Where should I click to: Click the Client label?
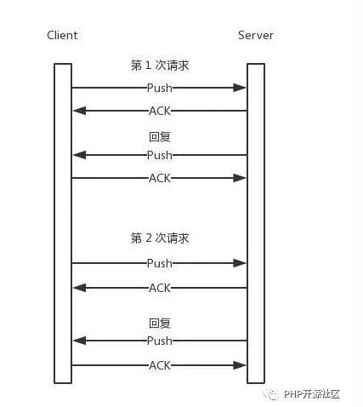(x=62, y=35)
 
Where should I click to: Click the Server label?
(x=256, y=35)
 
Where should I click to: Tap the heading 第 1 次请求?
(x=160, y=66)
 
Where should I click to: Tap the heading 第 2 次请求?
(x=160, y=238)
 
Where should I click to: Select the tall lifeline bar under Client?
(x=63, y=223)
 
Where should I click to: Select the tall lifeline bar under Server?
(x=256, y=223)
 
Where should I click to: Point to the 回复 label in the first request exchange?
(x=160, y=136)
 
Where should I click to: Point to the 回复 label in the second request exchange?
(x=160, y=323)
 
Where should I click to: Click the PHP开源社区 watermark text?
(x=312, y=394)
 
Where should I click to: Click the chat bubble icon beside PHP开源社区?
(x=270, y=394)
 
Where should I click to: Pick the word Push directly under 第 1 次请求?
(x=160, y=88)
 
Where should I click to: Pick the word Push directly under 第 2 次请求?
(x=160, y=263)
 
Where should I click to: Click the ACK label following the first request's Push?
(x=160, y=111)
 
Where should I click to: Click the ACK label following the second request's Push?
(x=160, y=288)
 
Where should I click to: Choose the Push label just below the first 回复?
(x=160, y=155)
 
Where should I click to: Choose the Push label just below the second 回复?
(x=160, y=341)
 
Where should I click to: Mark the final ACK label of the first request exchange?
(x=160, y=178)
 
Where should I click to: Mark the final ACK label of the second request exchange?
(x=160, y=365)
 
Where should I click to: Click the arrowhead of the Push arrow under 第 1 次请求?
(x=240, y=88)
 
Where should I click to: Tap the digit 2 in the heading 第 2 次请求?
(x=149, y=238)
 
